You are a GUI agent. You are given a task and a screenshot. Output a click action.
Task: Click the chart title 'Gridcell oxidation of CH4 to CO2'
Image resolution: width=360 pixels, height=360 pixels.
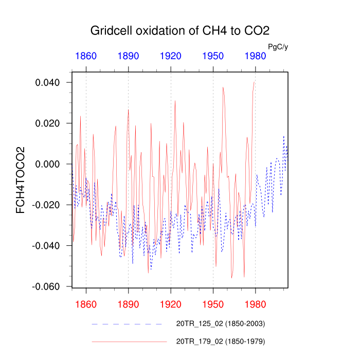[180, 30]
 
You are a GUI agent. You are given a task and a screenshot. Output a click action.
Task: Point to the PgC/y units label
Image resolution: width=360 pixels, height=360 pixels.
[278, 47]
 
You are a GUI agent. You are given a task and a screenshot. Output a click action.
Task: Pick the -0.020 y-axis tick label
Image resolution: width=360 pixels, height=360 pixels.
[46, 205]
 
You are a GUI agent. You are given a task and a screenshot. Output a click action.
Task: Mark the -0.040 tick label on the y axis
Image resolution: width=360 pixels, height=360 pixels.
[46, 245]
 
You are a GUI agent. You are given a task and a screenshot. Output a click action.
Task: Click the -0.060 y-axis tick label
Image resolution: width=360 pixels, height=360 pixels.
[46, 286]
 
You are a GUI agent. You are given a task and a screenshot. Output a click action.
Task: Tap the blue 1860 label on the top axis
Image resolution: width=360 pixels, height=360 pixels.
[86, 56]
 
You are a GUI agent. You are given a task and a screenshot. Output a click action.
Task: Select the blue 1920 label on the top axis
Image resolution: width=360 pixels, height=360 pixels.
[171, 56]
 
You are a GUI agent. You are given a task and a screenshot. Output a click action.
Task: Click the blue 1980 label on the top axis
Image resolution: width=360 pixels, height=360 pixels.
[255, 56]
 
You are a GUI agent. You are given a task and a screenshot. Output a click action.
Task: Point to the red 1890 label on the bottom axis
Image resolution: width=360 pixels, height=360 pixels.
[128, 304]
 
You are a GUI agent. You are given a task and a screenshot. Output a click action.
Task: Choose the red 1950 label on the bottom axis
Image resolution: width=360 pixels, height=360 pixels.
[213, 304]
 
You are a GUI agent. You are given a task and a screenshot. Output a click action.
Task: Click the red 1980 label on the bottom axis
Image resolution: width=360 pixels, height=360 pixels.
[255, 304]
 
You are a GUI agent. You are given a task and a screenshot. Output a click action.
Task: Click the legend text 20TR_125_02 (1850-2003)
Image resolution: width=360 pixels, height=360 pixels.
[221, 324]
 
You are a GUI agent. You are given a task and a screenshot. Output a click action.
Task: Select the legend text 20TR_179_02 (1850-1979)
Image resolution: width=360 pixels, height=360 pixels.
[221, 341]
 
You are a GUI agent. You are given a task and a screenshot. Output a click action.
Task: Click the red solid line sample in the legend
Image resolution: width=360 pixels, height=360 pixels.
[129, 341]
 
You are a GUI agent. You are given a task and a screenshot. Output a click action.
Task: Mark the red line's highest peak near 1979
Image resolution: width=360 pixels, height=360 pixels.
[254, 82]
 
